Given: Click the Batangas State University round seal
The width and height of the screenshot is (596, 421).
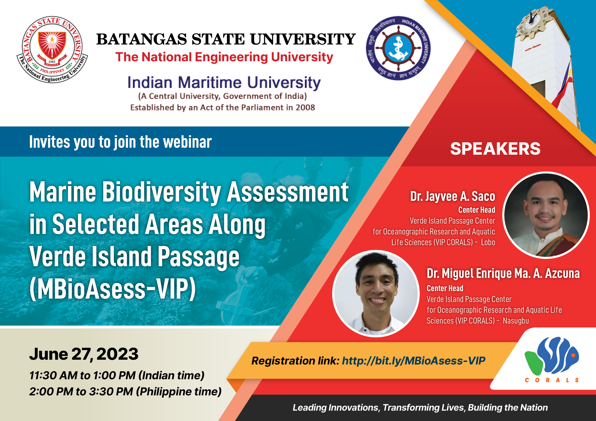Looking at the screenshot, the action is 52,50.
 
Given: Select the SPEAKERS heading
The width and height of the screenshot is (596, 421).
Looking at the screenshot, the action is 495,149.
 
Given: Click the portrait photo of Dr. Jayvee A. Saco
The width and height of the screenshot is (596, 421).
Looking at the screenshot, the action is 546,215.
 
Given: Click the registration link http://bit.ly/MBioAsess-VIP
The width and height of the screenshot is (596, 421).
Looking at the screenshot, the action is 414,361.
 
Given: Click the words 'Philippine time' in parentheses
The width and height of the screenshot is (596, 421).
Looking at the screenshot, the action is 179,392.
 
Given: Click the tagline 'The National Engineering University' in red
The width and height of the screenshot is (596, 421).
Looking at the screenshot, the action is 224,57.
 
